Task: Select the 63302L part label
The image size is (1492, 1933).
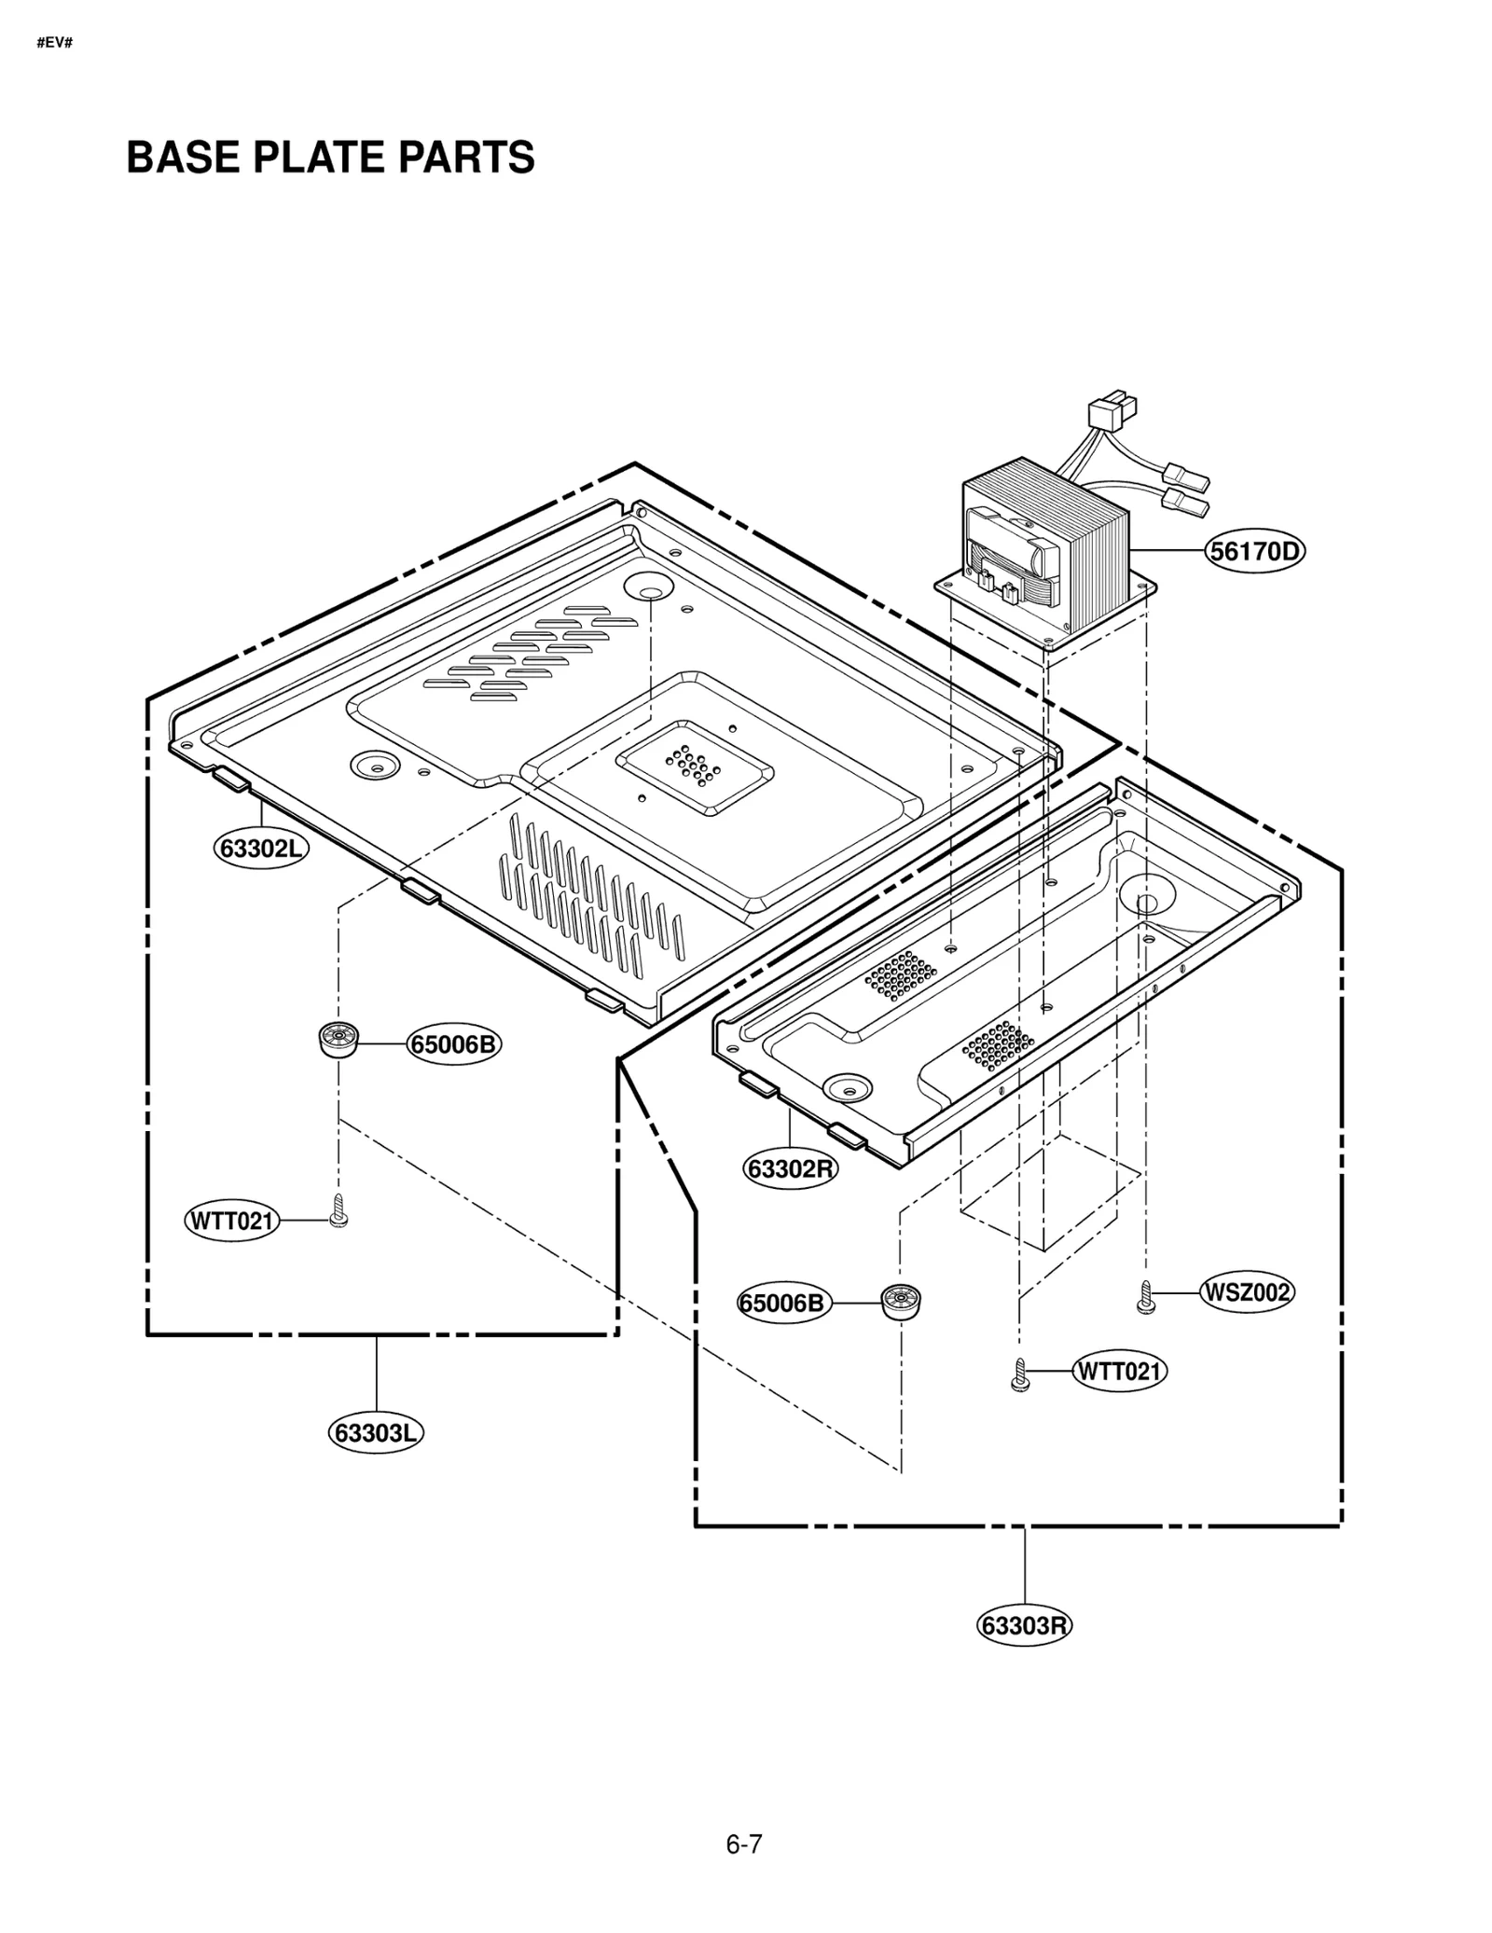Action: click(x=261, y=849)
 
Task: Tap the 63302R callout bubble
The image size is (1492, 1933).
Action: click(x=790, y=1168)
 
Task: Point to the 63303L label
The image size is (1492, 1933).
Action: click(x=375, y=1432)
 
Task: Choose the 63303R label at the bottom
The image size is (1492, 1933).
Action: click(x=1024, y=1625)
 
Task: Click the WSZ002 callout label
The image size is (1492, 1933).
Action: click(x=1247, y=1292)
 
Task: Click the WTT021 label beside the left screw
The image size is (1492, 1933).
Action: click(x=231, y=1221)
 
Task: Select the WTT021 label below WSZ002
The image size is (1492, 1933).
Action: click(x=1119, y=1371)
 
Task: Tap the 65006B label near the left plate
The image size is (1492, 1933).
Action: click(x=453, y=1044)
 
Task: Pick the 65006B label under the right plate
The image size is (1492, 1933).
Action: click(x=783, y=1303)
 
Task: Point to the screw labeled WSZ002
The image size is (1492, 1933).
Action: click(x=1146, y=1297)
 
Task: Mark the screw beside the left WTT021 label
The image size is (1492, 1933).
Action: click(x=338, y=1211)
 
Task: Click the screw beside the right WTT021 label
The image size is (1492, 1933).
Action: click(x=1019, y=1375)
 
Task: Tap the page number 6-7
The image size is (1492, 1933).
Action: click(x=744, y=1844)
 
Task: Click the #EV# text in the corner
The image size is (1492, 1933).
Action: click(x=54, y=44)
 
